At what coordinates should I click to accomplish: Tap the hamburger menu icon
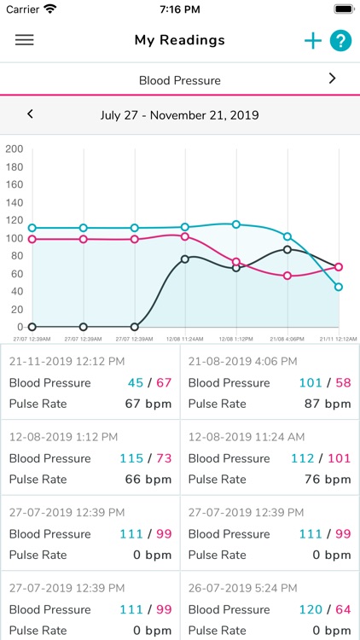point(25,40)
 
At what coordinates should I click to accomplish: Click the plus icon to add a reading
point(313,41)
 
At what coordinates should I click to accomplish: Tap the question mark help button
point(340,41)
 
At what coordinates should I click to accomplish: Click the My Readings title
point(180,40)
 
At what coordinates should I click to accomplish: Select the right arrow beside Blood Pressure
point(332,79)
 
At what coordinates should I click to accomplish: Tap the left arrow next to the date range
point(30,113)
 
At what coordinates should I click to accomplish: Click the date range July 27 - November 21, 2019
point(179,114)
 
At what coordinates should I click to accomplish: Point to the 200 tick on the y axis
point(14,148)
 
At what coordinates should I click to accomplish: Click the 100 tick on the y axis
point(14,238)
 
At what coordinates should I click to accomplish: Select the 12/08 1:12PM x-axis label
point(236,339)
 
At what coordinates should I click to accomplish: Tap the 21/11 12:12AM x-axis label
point(338,339)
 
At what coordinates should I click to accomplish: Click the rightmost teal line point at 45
point(339,287)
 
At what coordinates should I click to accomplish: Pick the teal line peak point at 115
point(236,224)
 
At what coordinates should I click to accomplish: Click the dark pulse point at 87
point(287,249)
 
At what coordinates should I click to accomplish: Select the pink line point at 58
point(287,276)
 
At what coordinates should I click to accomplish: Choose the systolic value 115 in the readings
point(131,458)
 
